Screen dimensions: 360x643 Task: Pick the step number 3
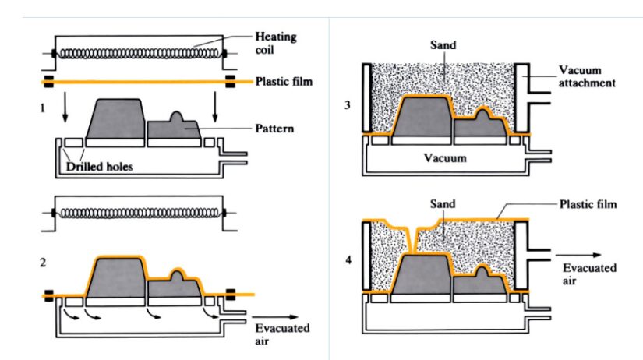pyautogui.click(x=347, y=104)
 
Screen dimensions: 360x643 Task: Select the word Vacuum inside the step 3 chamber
pyautogui.click(x=445, y=157)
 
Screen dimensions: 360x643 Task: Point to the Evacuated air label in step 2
pyautogui.click(x=282, y=333)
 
